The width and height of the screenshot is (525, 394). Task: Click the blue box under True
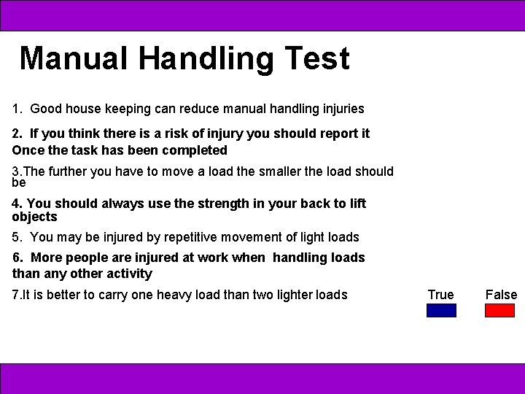pyautogui.click(x=441, y=310)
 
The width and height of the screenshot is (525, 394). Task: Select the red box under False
pyautogui.click(x=500, y=310)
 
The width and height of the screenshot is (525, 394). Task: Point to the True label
pyautogui.click(x=440, y=295)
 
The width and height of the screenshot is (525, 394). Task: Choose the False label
pyautogui.click(x=501, y=295)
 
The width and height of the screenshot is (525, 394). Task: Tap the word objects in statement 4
pyautogui.click(x=34, y=217)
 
